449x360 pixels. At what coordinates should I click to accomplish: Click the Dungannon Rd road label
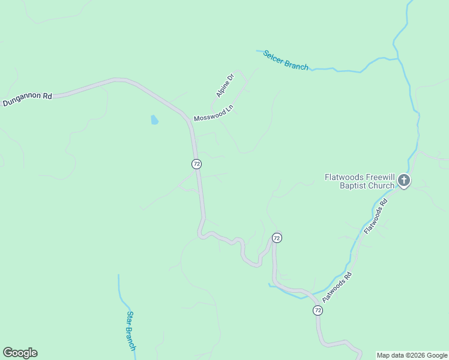point(28,99)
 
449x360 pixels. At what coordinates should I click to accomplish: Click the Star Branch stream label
point(131,331)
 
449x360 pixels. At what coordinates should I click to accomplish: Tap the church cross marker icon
point(404,180)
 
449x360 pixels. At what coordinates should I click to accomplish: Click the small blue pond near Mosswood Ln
point(154,120)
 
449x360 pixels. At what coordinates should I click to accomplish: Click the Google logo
point(20,353)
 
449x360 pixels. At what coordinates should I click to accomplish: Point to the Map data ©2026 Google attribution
point(412,355)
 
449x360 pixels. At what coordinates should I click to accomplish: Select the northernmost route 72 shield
point(196,164)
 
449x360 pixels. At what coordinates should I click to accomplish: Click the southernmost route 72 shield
point(318,310)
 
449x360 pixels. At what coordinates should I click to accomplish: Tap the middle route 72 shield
point(276,238)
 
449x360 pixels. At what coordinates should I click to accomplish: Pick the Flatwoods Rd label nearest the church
point(377,215)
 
